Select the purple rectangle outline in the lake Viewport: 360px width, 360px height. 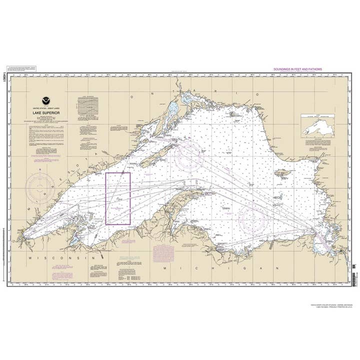pos(118,197)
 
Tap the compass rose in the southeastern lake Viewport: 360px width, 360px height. pos(252,218)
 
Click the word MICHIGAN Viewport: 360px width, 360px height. pos(220,268)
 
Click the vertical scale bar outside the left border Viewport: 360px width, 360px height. pos(4,250)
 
